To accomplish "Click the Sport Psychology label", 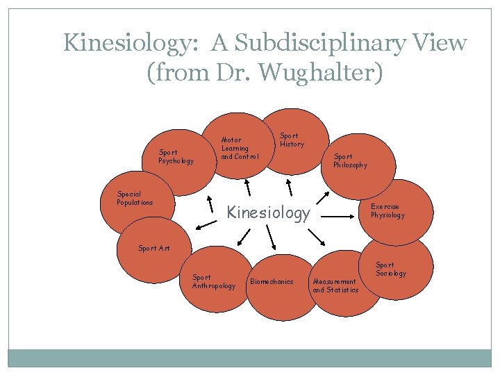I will click(x=176, y=156).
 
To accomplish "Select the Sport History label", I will click(x=292, y=140).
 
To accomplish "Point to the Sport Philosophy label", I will click(x=350, y=161).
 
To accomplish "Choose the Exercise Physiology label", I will click(x=387, y=211).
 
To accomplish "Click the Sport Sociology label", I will click(x=391, y=269).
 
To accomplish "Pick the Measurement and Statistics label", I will click(x=335, y=285).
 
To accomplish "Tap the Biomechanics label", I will click(x=272, y=282).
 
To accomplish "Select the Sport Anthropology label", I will click(x=213, y=281).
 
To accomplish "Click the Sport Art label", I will click(x=153, y=248).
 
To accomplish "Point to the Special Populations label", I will click(x=135, y=199).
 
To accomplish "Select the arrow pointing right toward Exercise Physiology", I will click(x=339, y=217).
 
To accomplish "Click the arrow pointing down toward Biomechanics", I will click(x=272, y=240).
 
